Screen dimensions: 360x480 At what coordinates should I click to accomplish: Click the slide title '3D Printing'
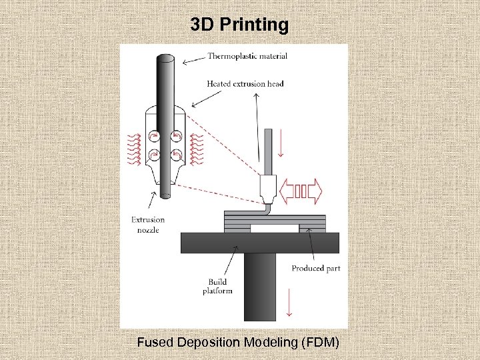click(239, 25)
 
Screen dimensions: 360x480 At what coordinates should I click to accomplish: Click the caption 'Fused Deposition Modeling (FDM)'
click(238, 343)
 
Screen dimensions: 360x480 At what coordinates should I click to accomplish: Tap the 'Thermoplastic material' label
click(247, 56)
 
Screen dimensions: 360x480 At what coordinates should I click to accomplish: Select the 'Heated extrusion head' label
click(245, 84)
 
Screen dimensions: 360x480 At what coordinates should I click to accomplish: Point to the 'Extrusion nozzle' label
click(147, 225)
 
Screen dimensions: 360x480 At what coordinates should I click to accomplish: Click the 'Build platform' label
click(217, 287)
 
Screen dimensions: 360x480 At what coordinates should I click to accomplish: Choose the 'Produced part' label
click(316, 269)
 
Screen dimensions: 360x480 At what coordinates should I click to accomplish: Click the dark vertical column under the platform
click(260, 287)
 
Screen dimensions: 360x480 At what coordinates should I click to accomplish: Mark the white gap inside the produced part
click(275, 229)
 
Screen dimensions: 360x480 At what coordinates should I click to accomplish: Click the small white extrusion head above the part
click(267, 189)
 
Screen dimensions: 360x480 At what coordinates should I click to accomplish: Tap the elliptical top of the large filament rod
click(165, 59)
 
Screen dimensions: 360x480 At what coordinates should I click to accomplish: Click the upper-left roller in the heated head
click(154, 136)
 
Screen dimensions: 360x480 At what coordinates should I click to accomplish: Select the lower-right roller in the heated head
click(177, 155)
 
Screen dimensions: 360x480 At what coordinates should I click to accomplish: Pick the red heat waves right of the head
click(197, 150)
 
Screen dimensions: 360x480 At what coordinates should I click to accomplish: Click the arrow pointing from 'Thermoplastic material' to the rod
click(193, 59)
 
